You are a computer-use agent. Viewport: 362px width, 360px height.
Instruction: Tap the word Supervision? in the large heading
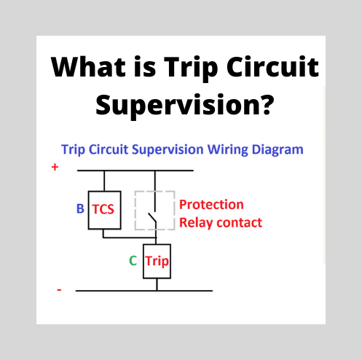point(185,106)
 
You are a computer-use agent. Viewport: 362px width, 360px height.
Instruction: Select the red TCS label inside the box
point(103,209)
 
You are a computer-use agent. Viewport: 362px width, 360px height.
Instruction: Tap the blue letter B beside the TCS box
point(80,209)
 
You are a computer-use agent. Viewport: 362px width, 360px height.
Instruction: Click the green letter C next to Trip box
point(133,260)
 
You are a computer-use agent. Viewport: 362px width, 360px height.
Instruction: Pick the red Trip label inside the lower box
point(157,260)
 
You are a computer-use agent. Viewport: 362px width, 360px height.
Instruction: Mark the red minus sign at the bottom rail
point(59,290)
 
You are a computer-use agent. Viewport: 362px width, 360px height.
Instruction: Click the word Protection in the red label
point(211,205)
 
